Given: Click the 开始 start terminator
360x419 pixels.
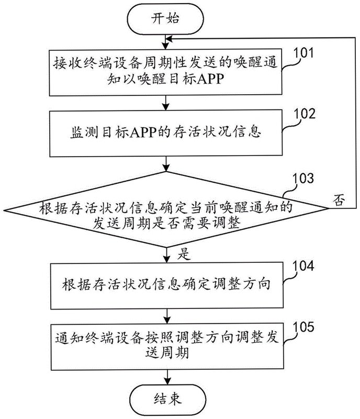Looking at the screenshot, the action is pyautogui.click(x=165, y=19).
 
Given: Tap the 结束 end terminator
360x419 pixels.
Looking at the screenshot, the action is pyautogui.click(x=168, y=400).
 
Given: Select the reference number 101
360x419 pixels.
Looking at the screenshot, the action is pyautogui.click(x=303, y=53).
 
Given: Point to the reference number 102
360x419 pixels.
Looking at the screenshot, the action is pyautogui.click(x=305, y=114).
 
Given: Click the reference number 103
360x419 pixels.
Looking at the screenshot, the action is pyautogui.click(x=303, y=178).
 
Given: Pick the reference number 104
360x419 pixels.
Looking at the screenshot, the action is pyautogui.click(x=303, y=266).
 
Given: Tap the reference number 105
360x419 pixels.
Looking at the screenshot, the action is pyautogui.click(x=303, y=327).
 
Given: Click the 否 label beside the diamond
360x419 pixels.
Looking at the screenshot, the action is pyautogui.click(x=339, y=200).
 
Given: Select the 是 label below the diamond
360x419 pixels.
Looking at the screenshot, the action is pyautogui.click(x=184, y=254).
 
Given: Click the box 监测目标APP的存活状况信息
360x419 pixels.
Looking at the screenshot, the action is pyautogui.click(x=166, y=133).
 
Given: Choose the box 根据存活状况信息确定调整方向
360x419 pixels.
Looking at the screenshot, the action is pyautogui.click(x=167, y=285).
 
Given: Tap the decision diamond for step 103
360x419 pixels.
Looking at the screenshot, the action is pyautogui.click(x=166, y=209).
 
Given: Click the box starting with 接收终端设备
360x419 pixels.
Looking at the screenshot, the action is pyautogui.click(x=165, y=72).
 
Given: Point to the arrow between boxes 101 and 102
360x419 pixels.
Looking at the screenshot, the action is pyautogui.click(x=166, y=103).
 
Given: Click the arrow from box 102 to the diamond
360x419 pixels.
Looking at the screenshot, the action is pyautogui.click(x=166, y=164).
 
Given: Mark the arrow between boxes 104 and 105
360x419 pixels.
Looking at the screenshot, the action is pyautogui.click(x=167, y=316).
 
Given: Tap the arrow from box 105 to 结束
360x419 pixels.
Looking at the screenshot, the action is pyautogui.click(x=167, y=377).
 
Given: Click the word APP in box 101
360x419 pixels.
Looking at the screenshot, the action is pyautogui.click(x=210, y=79).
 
